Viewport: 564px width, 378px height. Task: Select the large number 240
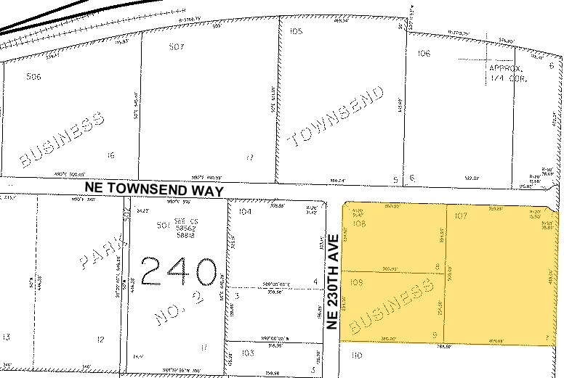click(x=180, y=272)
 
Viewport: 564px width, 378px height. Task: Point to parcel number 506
click(x=33, y=76)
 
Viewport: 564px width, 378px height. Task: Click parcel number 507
click(x=177, y=47)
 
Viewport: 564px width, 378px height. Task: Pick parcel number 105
click(x=296, y=32)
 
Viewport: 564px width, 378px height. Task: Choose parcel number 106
click(x=424, y=53)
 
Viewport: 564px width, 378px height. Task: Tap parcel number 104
click(x=244, y=212)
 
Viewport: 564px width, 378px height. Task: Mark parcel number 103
click(x=248, y=353)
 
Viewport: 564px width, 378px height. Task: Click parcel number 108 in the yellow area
click(x=358, y=224)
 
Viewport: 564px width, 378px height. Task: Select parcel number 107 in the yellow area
click(x=459, y=215)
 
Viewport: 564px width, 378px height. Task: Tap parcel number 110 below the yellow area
click(x=356, y=356)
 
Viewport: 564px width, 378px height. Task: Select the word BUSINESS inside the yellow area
click(x=387, y=311)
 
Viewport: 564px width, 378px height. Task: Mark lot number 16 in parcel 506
click(x=110, y=155)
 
